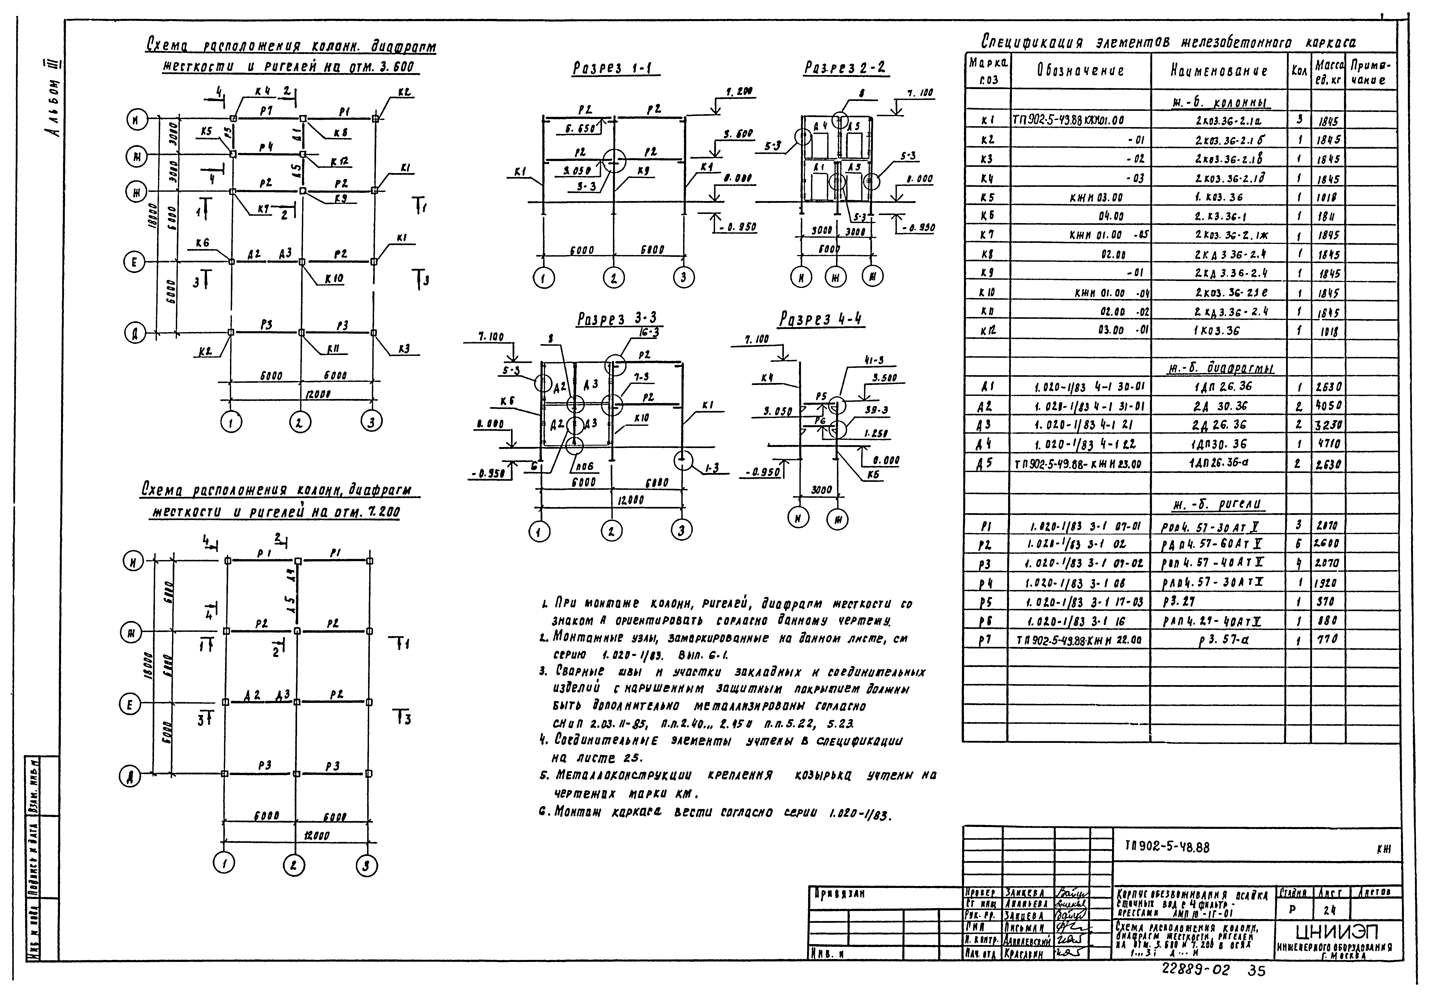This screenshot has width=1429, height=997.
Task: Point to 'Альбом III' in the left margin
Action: point(53,100)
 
